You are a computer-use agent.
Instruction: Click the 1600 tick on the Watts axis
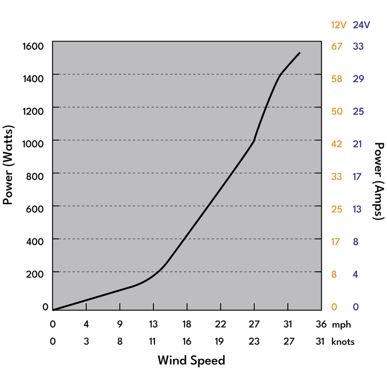coord(33,46)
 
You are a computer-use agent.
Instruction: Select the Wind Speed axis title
coord(191,360)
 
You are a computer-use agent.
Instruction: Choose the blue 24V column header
coord(361,25)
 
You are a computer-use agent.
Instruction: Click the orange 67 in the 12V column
coord(336,46)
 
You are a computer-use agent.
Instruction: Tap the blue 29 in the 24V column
coord(358,79)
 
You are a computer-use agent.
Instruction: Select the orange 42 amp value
coord(336,144)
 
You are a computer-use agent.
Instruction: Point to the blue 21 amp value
coord(358,144)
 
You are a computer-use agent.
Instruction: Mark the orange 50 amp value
coord(336,112)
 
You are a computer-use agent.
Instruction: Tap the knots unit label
coord(342,342)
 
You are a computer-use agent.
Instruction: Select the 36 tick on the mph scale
coord(321,325)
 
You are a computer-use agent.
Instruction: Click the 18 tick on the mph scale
coord(187,325)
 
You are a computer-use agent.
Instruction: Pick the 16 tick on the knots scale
coord(187,342)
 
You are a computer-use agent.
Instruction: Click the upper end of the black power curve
coord(299,53)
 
